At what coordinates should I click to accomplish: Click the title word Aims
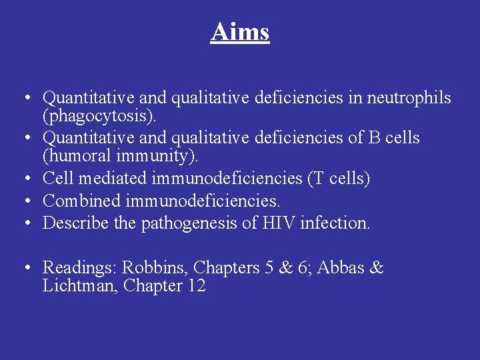[x=240, y=31]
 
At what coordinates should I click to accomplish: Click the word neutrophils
[x=409, y=99]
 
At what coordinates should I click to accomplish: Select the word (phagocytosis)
[x=100, y=117]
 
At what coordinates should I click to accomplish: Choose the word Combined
[x=81, y=201]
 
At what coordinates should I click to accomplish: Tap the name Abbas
[x=341, y=268]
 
